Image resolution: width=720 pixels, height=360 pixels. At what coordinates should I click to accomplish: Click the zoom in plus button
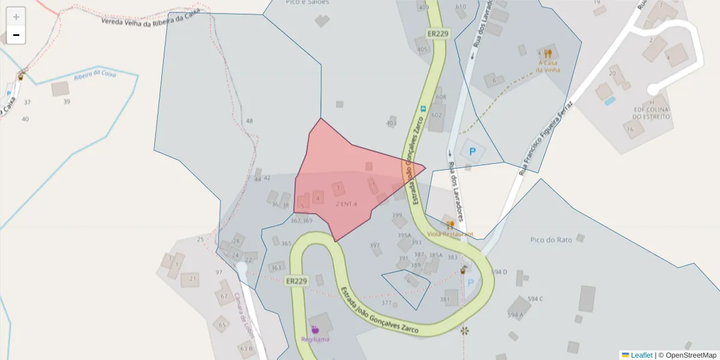(x=16, y=17)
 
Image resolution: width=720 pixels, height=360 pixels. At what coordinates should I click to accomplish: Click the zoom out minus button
(x=16, y=35)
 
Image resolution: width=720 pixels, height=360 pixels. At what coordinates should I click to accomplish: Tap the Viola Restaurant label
(x=450, y=234)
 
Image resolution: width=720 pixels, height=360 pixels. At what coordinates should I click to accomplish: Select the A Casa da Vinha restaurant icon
(x=548, y=54)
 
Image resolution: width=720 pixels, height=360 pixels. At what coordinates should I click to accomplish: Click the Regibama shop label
(x=315, y=340)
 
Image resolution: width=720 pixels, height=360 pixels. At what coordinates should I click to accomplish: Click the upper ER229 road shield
(x=438, y=34)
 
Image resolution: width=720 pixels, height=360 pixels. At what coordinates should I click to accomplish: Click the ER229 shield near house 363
(x=296, y=281)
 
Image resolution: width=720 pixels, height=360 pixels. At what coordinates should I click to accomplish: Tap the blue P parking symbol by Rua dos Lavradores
(x=472, y=152)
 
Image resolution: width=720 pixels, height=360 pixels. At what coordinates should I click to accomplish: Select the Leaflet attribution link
(x=641, y=355)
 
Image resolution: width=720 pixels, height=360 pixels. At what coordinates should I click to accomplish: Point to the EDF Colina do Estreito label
(x=652, y=113)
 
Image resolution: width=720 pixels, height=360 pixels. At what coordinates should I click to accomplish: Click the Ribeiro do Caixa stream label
(x=95, y=75)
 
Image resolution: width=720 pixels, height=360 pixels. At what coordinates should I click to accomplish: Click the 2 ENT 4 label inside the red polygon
(x=346, y=204)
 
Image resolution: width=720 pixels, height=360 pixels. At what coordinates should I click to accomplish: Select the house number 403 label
(x=391, y=123)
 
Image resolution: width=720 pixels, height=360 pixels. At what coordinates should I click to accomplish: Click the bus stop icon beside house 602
(x=424, y=109)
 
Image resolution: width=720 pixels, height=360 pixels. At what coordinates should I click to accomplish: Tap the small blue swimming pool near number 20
(x=610, y=101)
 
